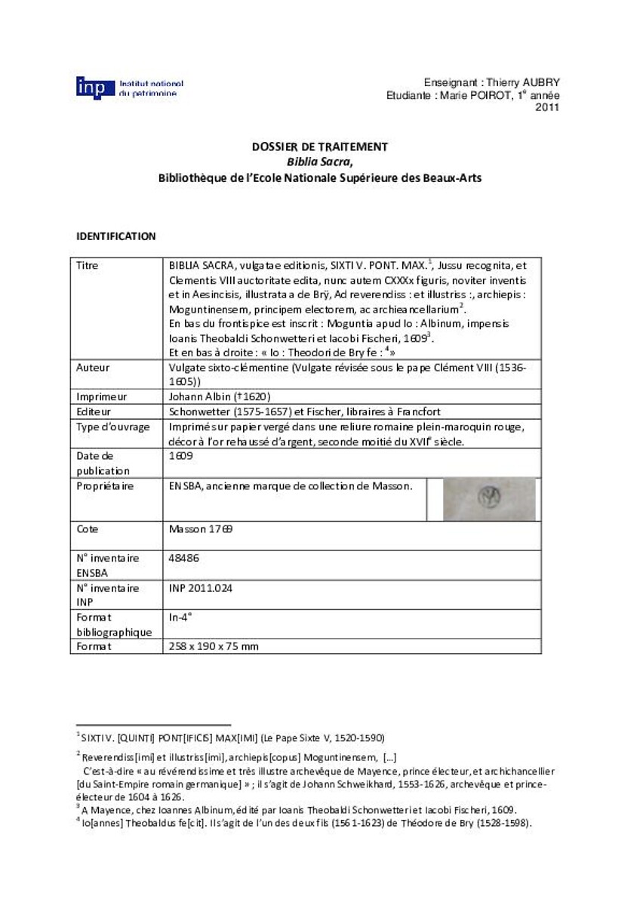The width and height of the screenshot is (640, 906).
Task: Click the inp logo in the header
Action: click(95, 88)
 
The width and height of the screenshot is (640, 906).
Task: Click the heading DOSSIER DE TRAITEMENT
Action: click(319, 146)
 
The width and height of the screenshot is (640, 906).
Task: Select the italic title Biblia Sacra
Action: click(319, 162)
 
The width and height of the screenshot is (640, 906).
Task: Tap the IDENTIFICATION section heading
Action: click(115, 236)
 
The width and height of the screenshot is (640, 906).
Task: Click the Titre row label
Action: click(88, 266)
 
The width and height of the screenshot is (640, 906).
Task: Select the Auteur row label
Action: click(94, 368)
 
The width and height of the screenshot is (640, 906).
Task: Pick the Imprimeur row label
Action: click(101, 396)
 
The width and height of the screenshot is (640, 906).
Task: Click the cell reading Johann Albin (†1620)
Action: click(220, 396)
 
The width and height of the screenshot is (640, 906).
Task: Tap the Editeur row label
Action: click(94, 411)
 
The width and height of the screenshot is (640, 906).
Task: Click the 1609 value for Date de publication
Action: click(181, 456)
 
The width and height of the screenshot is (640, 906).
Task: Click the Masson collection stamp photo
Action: click(488, 499)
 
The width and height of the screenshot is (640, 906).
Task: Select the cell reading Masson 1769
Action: click(201, 529)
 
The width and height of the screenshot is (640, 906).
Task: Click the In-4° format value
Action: click(180, 617)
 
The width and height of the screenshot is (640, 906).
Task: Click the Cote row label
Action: click(88, 529)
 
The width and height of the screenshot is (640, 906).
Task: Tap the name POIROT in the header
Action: click(472, 96)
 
